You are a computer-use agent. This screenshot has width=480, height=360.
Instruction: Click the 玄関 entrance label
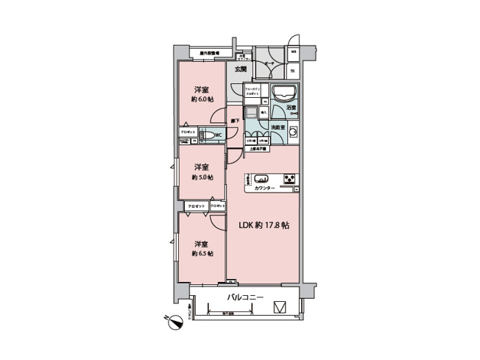point(240,69)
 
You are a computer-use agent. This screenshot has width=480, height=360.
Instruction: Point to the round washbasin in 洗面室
point(292,133)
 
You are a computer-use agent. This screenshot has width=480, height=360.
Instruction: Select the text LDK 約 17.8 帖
point(263,225)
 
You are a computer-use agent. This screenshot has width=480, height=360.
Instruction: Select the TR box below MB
point(292,71)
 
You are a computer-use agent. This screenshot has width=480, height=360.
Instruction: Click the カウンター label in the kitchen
point(264,188)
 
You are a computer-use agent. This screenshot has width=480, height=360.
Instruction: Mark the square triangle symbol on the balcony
point(280,306)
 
